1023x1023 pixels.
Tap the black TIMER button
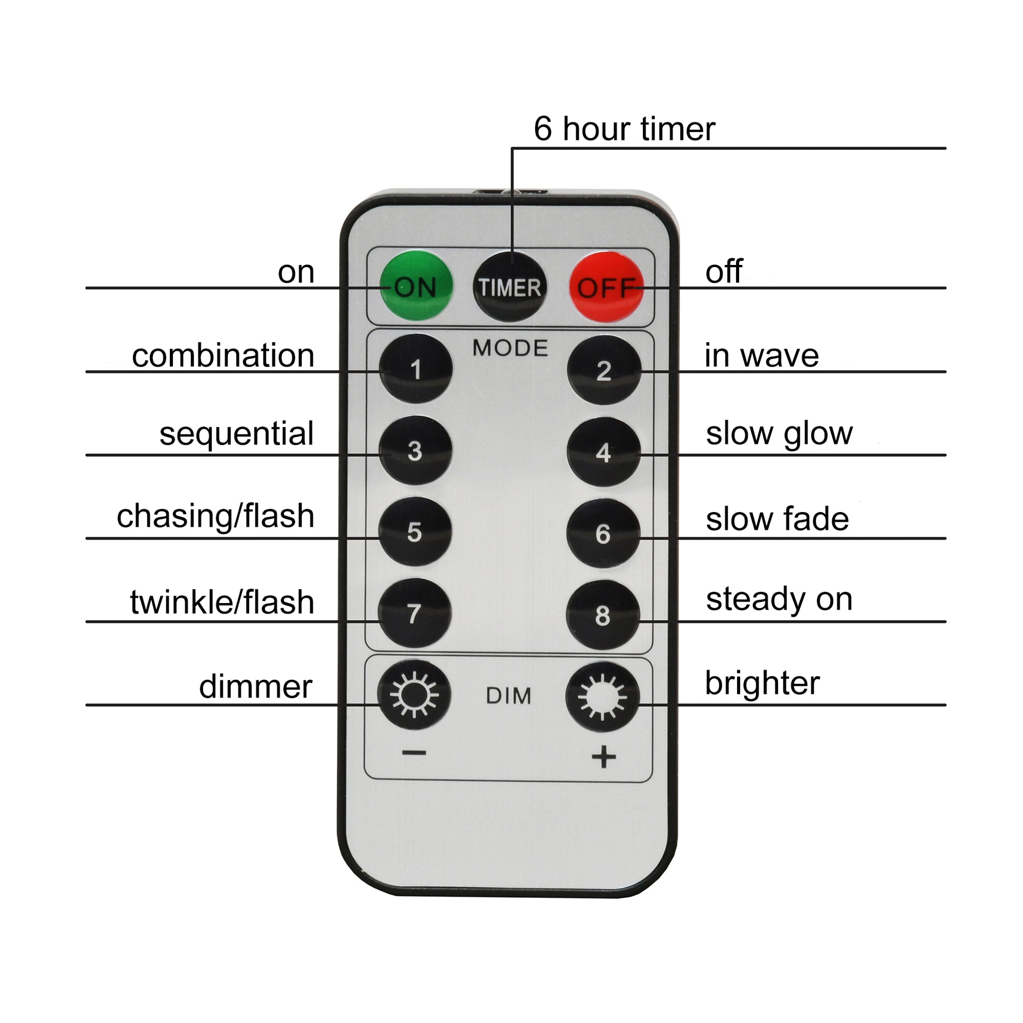click(509, 287)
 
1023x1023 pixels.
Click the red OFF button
click(606, 287)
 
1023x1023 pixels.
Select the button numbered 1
click(416, 369)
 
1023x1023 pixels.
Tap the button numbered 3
click(415, 451)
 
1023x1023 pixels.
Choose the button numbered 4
click(603, 452)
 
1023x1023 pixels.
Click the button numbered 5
click(415, 532)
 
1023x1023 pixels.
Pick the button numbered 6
click(603, 534)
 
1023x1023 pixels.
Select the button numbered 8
click(602, 615)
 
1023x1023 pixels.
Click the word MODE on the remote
click(510, 348)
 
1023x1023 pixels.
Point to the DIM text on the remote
click(508, 697)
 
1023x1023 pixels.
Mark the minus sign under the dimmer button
click(414, 753)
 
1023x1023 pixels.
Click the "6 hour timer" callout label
click(625, 129)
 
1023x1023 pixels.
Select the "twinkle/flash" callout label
click(222, 602)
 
